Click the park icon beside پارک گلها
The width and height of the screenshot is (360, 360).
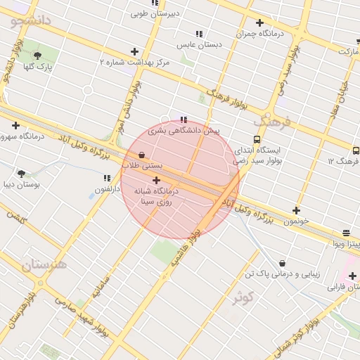pos(37,56)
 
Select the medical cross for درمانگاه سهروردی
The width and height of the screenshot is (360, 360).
pos(15,125)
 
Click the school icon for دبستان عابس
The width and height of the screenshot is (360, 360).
pos(200,34)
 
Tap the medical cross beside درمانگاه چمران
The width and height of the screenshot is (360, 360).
pos(259,23)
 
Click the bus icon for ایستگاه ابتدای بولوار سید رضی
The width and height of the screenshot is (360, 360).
pos(257,139)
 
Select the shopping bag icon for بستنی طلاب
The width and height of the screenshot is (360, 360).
pos(142,155)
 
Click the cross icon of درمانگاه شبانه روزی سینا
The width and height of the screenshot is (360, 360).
pos(155,180)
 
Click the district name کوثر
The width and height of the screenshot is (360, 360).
pos(247,297)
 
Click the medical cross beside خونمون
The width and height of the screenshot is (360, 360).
pos(296,210)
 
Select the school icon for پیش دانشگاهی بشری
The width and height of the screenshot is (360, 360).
pos(184,120)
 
